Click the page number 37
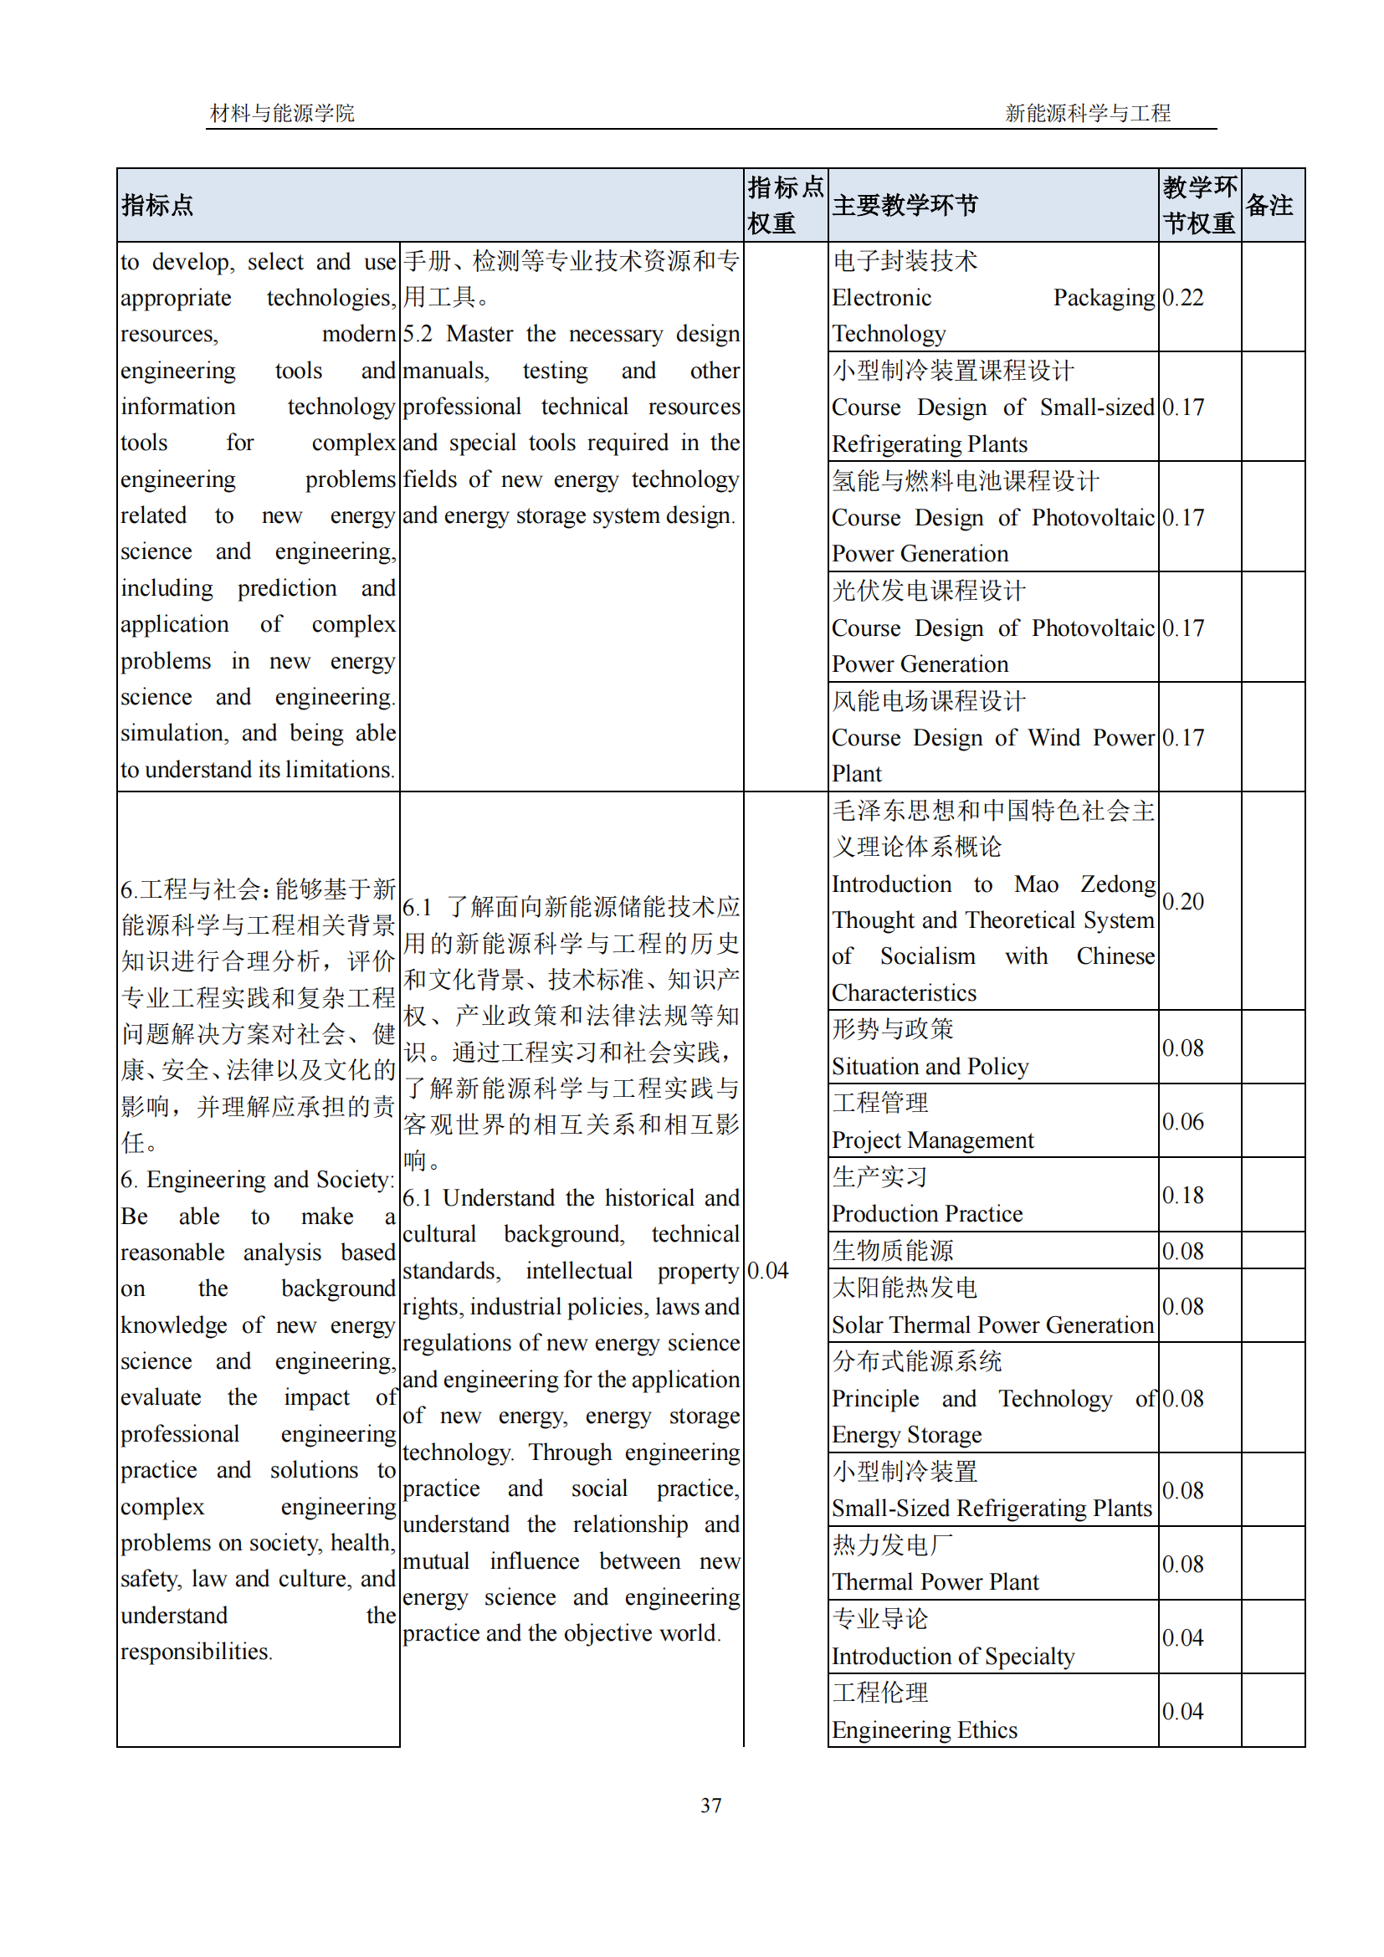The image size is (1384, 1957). (710, 1805)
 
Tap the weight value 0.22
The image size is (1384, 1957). (1182, 298)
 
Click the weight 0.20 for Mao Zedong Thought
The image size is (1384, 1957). (1182, 901)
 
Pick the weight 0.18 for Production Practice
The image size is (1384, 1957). (1182, 1195)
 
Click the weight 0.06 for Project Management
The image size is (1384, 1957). (1182, 1122)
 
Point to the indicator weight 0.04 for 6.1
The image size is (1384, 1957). (767, 1270)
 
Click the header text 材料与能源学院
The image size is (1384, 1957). (282, 113)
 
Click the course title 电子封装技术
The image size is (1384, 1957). (905, 261)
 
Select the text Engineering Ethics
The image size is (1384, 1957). (924, 1729)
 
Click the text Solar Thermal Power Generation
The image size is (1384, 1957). (992, 1324)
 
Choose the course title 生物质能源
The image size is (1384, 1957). (892, 1250)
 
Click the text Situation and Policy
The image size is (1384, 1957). (930, 1066)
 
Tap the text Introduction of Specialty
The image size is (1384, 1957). (952, 1656)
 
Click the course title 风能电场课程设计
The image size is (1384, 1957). (928, 700)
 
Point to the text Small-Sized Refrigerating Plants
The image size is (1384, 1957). (991, 1508)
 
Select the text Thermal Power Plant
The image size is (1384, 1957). (935, 1582)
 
